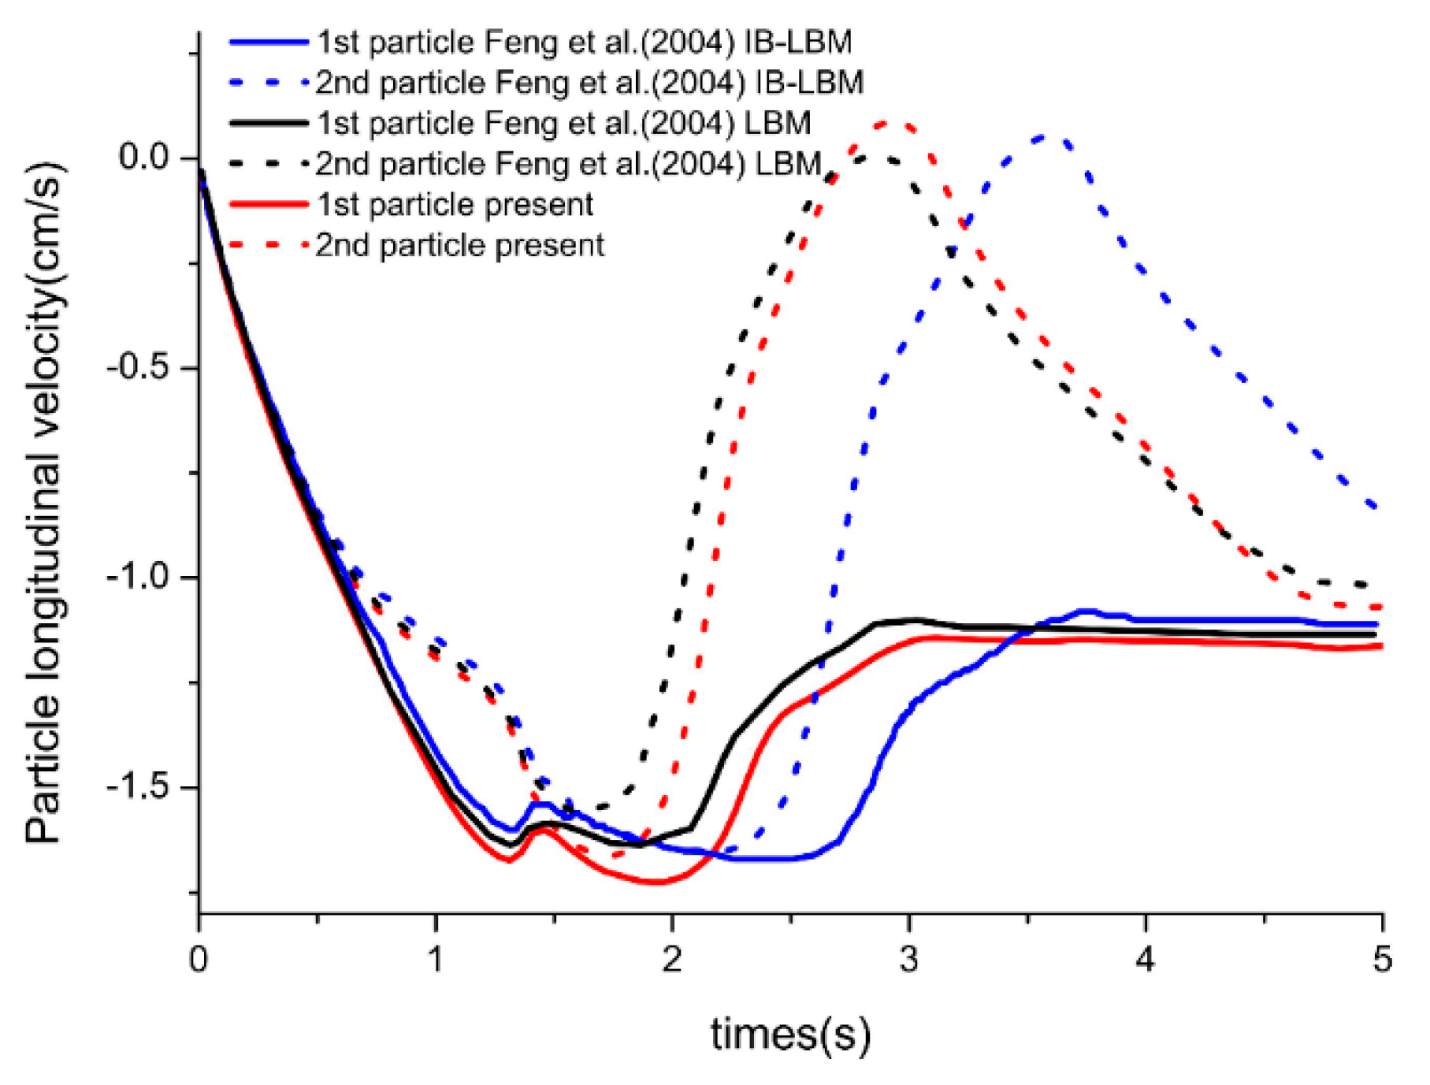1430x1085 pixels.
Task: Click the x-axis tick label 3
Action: [909, 960]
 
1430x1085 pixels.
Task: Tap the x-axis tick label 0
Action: [199, 960]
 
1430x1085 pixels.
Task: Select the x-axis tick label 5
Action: [1383, 960]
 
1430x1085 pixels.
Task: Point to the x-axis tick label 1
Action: [436, 960]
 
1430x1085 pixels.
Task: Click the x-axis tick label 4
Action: [1146, 960]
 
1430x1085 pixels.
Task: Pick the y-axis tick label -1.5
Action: [139, 786]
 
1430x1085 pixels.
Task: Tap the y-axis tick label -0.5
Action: [139, 367]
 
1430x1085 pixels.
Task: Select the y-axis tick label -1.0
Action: [139, 577]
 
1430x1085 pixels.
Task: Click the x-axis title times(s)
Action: [790, 1034]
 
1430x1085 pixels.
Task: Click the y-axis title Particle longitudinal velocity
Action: [45, 504]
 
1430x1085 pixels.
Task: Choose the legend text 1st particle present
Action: [455, 205]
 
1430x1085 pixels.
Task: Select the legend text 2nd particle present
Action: [460, 245]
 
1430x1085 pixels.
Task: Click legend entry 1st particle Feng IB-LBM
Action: [584, 42]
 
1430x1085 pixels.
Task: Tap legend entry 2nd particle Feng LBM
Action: [568, 164]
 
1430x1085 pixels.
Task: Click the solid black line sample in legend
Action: [268, 123]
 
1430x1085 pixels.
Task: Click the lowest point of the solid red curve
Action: [656, 882]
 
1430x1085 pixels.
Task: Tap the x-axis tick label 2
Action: [672, 960]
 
